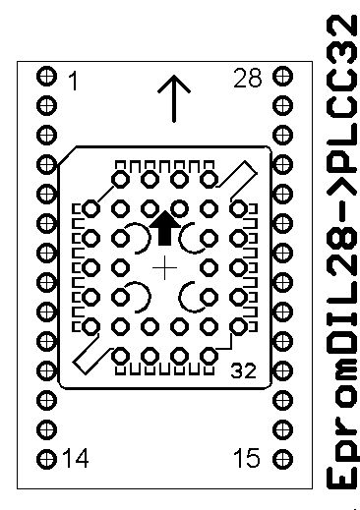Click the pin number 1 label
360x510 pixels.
75,81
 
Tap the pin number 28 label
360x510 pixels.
248,78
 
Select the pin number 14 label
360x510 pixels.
75,458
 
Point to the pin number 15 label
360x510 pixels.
247,457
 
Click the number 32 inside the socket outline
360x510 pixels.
243,370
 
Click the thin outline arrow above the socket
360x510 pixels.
174,99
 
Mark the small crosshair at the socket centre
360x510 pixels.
164,268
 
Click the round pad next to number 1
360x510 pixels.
46,77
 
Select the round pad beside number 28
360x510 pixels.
282,77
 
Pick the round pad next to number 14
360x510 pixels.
46,459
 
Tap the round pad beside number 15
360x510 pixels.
282,459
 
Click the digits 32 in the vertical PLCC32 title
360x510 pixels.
342,40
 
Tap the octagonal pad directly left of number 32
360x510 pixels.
209,356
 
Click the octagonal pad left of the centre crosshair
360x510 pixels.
120,267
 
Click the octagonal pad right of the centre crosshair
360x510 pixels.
209,267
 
